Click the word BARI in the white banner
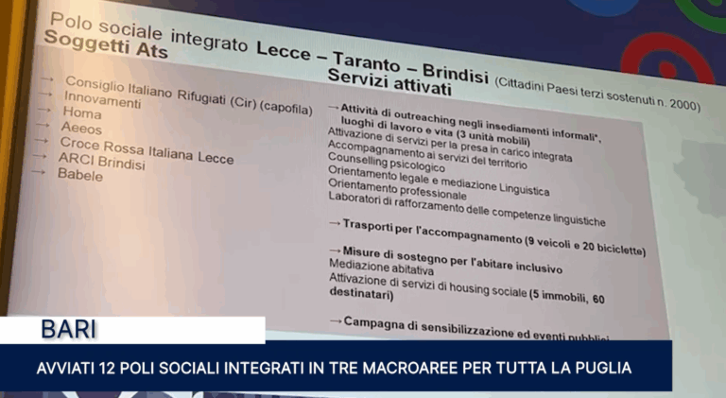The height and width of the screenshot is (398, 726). pyautogui.click(x=70, y=330)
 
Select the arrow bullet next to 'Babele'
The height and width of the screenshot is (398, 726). pyautogui.click(x=37, y=172)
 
